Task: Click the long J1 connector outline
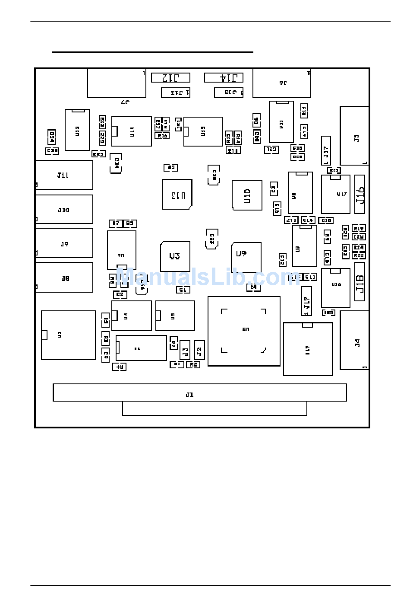199,393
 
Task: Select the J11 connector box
64,175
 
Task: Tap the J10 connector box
64,209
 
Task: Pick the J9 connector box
64,243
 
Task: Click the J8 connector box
64,278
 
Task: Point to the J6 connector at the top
282,83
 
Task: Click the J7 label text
125,102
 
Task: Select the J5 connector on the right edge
354,136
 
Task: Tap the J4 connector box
354,340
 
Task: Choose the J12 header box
170,78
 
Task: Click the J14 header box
224,78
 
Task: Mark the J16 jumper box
360,195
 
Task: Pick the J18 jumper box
360,282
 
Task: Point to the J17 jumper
326,150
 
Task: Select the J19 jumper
306,301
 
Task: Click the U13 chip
177,195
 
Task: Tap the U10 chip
247,195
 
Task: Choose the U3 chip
175,256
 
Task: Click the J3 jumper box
185,350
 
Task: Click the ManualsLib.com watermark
207,277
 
